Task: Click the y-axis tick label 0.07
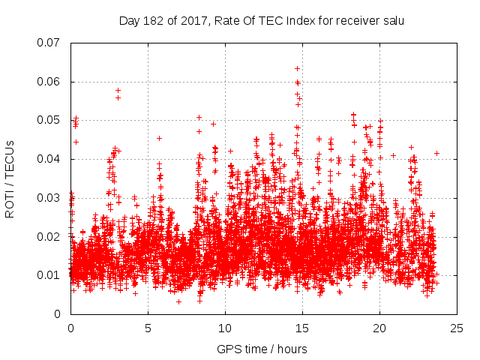click(x=49, y=43)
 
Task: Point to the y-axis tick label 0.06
click(x=49, y=82)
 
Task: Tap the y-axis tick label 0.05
click(x=49, y=120)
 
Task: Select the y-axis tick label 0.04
click(x=49, y=159)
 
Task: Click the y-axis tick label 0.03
click(x=49, y=198)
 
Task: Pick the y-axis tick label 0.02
click(x=49, y=237)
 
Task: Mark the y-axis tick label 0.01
click(x=49, y=275)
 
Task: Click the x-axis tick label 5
click(x=148, y=328)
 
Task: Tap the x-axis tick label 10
click(x=225, y=328)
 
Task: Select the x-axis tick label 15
click(x=302, y=328)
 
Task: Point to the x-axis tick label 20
click(x=379, y=328)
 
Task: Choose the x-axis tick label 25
click(x=457, y=328)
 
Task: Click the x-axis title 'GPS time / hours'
click(x=262, y=349)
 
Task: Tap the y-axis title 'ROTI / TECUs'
click(x=10, y=178)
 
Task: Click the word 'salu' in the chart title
click(x=392, y=20)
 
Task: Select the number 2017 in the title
click(x=188, y=20)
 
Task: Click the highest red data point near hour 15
click(x=297, y=68)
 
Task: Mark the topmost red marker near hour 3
click(x=118, y=90)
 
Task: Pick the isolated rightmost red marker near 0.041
click(x=436, y=153)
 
